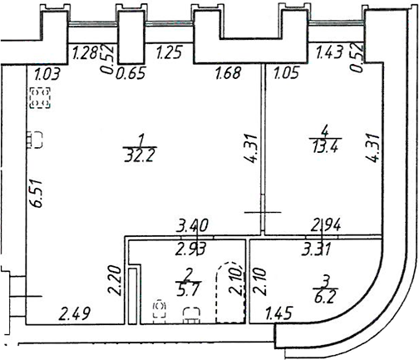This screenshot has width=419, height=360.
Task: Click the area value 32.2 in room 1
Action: coord(139,157)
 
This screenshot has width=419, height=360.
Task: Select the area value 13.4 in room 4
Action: coord(325,147)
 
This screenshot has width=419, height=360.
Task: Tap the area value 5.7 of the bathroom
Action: coord(188,290)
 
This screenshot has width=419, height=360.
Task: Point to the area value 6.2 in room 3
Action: coord(325,298)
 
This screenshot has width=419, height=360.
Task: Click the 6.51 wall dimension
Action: coord(37,193)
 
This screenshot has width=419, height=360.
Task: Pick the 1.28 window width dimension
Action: coord(85,52)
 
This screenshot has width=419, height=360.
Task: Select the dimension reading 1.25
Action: coord(169,52)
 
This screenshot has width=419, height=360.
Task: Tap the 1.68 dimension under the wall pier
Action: coord(229,73)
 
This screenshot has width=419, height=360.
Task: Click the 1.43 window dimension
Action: coord(330,52)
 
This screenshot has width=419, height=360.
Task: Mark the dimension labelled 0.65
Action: coord(131,74)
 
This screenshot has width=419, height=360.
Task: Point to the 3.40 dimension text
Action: coord(192,225)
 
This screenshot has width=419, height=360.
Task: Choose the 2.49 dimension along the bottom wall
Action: coord(76,314)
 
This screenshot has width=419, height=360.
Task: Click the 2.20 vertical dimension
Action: coord(115,281)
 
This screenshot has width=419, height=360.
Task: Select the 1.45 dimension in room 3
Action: coord(279,313)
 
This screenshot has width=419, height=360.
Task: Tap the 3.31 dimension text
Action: coord(316,249)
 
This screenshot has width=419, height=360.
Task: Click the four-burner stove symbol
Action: coord(40,97)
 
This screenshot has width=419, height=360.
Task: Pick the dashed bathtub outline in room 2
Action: coord(231,293)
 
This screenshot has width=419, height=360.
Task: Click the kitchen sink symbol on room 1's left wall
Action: coord(35,140)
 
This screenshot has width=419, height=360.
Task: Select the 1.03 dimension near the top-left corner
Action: coord(47,75)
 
